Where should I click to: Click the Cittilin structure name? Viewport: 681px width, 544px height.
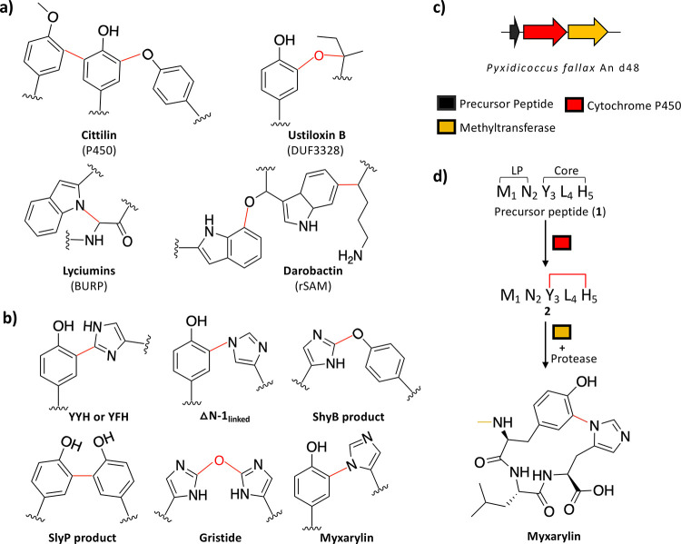pos(99,135)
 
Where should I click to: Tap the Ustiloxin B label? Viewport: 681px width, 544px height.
pos(317,135)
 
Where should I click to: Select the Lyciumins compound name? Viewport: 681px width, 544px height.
pos(89,271)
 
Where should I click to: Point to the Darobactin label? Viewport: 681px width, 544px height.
pos(313,271)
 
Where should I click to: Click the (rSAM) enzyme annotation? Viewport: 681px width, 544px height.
pos(313,286)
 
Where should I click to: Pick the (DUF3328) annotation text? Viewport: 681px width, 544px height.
pos(315,151)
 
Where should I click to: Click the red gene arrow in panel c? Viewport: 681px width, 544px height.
pos(545,32)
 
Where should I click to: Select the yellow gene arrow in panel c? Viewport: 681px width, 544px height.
pos(587,32)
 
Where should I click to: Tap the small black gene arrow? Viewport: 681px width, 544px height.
pos(515,32)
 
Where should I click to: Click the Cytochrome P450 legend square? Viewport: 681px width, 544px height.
pos(574,104)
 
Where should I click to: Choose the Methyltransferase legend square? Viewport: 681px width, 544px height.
pos(447,127)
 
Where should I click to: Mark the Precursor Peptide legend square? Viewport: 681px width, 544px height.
pos(447,104)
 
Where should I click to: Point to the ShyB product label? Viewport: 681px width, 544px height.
pos(349,417)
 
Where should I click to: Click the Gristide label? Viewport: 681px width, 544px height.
pos(221,538)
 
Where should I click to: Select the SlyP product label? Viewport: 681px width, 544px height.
pos(82,538)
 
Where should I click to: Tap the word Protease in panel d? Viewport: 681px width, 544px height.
pos(574,359)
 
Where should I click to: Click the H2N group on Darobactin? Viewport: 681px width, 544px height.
pos(350,256)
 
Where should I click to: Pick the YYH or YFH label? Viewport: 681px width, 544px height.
pos(99,417)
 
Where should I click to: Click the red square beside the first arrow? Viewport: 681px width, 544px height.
pos(561,242)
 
